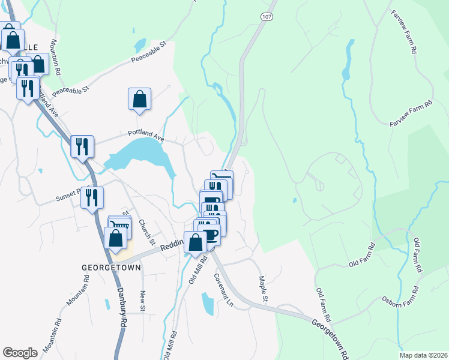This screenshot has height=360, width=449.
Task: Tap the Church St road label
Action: (147, 232)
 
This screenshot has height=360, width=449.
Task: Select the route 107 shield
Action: (267, 17)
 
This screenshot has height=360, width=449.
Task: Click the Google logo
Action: (20, 353)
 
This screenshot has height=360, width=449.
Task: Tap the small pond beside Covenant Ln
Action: (208, 304)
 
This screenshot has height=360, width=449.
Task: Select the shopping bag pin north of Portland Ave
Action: (139, 99)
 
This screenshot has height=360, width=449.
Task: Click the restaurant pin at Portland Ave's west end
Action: (82, 146)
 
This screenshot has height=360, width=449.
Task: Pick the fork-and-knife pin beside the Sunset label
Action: (92, 197)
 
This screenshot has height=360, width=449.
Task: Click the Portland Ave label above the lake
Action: (145, 136)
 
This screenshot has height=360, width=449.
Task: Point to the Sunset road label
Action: (67, 194)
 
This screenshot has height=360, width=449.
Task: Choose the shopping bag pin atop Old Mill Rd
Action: (195, 243)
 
